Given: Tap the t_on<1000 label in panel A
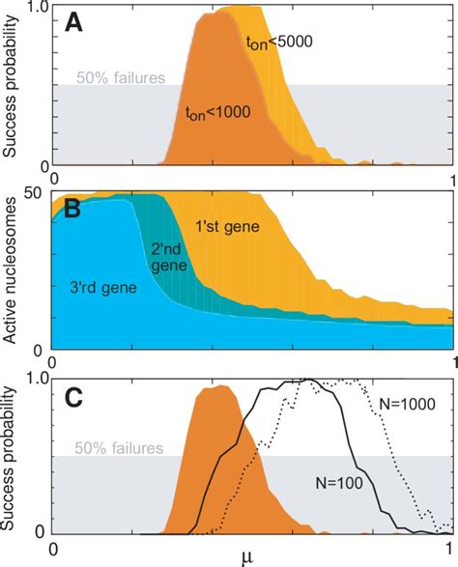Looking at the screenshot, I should [x=217, y=112].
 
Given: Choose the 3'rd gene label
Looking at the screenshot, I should [x=108, y=287].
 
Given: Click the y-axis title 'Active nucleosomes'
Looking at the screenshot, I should [x=15, y=269].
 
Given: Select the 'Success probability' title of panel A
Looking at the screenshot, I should [x=15, y=86].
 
